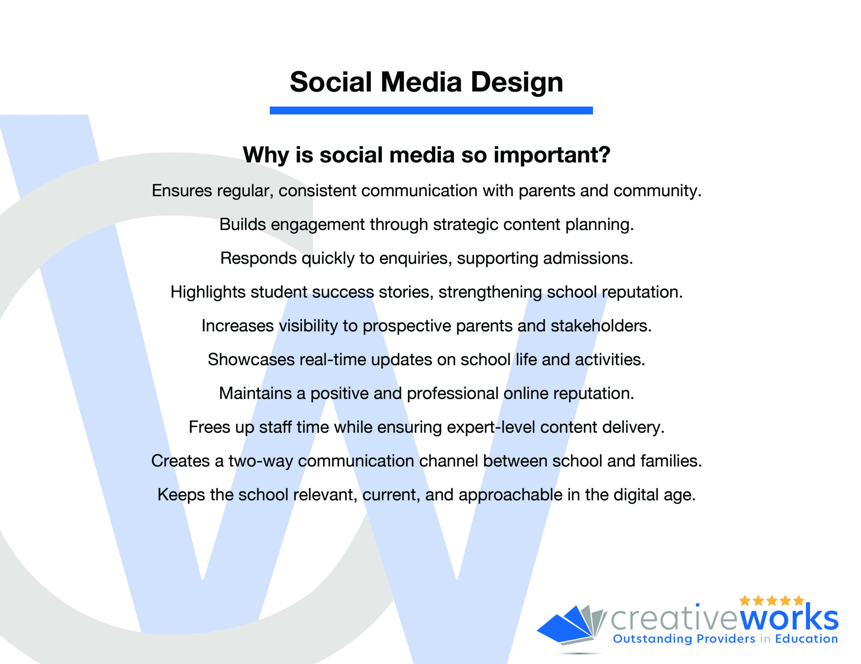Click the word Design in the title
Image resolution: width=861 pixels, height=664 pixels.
517,83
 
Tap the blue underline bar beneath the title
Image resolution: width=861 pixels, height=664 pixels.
431,110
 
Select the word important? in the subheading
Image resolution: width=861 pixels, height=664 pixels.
552,155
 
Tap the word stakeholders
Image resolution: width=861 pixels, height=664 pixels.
601,326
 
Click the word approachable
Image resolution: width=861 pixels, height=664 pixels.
510,495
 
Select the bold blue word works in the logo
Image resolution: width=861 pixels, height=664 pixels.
789,619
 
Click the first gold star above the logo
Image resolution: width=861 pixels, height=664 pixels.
745,600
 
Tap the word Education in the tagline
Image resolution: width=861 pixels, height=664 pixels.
806,638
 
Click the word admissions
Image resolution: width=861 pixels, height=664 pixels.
588,258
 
